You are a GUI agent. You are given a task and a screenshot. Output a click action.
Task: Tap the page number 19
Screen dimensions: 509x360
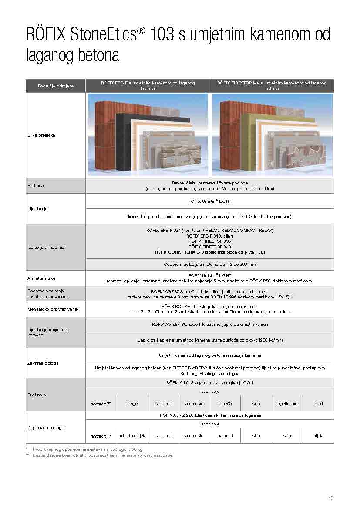331,499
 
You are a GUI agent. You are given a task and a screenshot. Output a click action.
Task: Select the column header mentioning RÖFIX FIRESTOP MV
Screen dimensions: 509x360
272,85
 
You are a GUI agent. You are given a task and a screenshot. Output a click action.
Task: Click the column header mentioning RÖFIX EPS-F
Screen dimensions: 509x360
148,85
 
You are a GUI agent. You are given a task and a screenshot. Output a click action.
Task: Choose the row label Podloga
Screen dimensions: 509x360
36,186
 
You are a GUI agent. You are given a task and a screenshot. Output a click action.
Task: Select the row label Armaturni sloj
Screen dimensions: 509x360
41,278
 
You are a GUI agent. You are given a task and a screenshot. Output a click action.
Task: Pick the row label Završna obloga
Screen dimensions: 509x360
43,363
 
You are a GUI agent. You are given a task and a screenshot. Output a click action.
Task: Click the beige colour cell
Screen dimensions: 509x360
132,404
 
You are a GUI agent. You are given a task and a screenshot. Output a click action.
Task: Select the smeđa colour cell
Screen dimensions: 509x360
225,404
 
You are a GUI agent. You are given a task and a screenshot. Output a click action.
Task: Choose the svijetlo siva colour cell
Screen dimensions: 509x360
287,404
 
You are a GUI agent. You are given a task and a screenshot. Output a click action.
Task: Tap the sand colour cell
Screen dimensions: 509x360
318,404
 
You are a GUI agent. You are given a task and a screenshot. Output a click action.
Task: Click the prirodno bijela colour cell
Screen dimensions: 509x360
132,435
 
